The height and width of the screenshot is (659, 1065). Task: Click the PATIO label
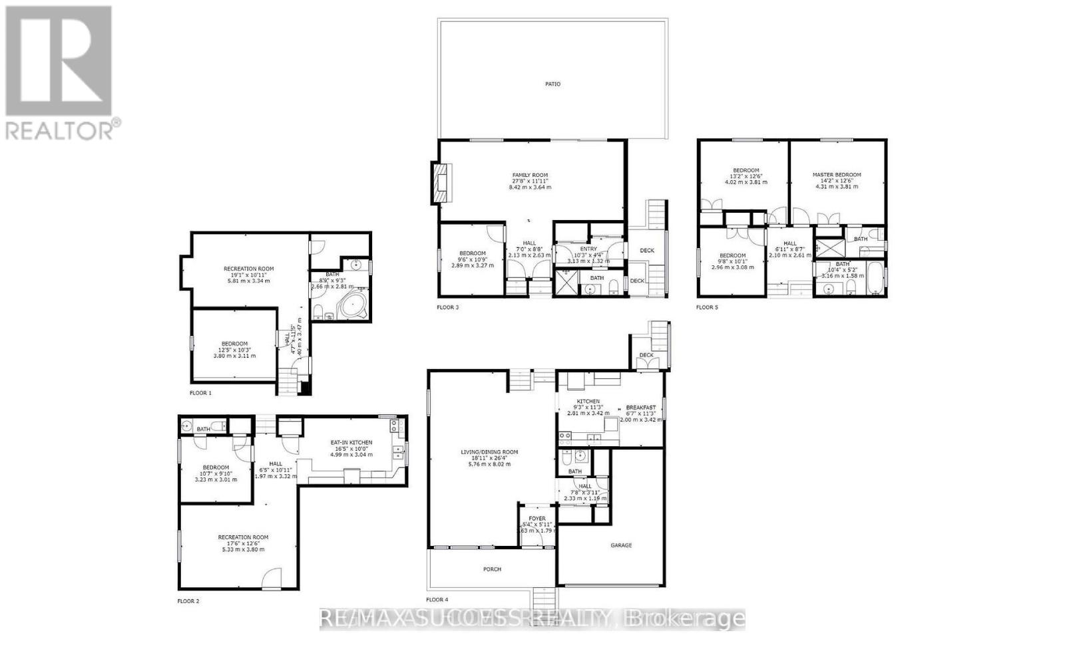coord(552,84)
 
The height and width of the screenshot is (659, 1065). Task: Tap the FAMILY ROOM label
coord(530,175)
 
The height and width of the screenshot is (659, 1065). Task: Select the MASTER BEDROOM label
coord(837,175)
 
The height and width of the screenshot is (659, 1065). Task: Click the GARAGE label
coord(621,545)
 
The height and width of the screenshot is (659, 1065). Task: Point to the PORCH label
coord(492,569)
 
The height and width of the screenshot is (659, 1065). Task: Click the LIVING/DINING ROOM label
coord(489,452)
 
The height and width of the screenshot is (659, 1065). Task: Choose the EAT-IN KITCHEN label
coord(351,442)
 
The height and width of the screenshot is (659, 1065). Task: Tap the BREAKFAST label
coord(640,408)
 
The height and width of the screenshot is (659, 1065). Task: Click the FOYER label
coord(537,519)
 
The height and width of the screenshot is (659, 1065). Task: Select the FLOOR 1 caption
coord(200,393)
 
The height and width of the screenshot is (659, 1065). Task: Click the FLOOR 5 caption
coord(707,307)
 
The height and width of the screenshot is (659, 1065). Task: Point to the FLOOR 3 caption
coord(447,307)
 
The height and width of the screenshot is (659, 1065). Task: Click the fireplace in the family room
coord(441,182)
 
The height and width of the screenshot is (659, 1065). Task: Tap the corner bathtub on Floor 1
coord(352,307)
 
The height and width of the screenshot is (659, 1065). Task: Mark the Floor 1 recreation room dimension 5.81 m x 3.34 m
coord(248,281)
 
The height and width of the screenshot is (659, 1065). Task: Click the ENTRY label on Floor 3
coord(588,249)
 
